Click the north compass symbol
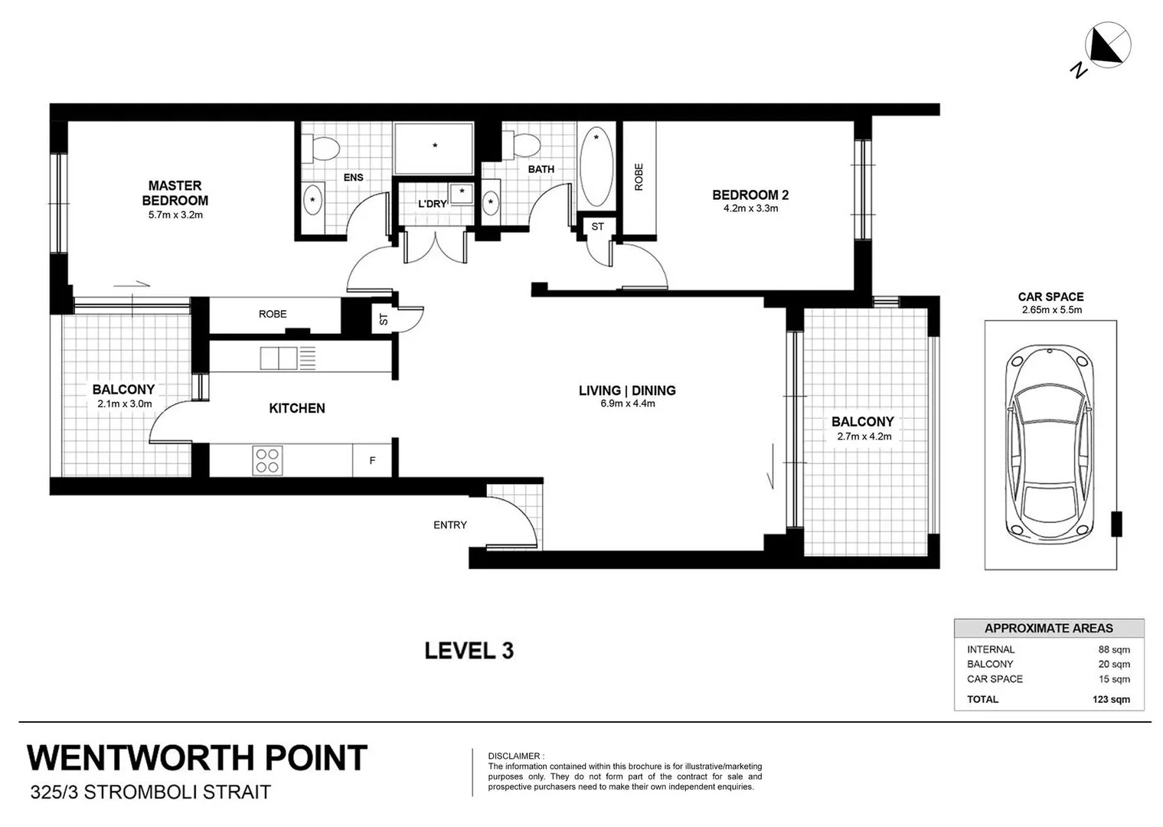pyautogui.click(x=1109, y=44)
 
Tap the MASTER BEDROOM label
pyautogui.click(x=175, y=193)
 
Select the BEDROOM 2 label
pyautogui.click(x=750, y=195)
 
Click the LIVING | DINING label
pyautogui.click(x=627, y=391)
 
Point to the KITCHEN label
pyautogui.click(x=297, y=408)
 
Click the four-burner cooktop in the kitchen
pyautogui.click(x=267, y=460)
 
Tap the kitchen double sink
pyautogui.click(x=278, y=358)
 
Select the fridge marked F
pyautogui.click(x=373, y=461)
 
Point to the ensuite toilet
pyautogui.click(x=321, y=148)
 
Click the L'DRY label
pyautogui.click(x=432, y=204)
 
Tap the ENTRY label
pyautogui.click(x=449, y=525)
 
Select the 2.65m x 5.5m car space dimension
pyautogui.click(x=1050, y=310)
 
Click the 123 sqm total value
pyautogui.click(x=1111, y=699)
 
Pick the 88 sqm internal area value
pyautogui.click(x=1114, y=649)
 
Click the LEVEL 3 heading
pyautogui.click(x=469, y=651)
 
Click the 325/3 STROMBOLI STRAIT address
pyautogui.click(x=150, y=792)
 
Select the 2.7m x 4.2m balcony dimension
pyautogui.click(x=863, y=436)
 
